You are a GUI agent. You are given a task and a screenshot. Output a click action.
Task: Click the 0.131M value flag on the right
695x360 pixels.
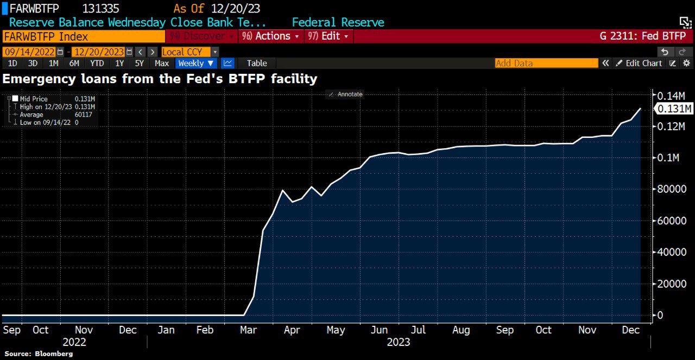674,109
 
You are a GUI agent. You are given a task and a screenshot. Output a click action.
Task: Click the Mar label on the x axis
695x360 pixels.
249,330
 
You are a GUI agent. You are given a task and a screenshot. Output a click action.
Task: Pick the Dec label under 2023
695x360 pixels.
630,330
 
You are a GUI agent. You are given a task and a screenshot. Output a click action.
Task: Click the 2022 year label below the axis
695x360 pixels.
74,342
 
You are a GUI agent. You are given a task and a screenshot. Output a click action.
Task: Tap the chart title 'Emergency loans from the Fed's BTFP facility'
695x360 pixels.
160,79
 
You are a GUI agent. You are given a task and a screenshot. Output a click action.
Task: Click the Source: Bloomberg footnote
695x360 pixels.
39,353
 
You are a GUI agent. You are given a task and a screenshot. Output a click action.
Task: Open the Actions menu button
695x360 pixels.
271,36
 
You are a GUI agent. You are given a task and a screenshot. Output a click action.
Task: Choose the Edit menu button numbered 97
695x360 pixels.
328,36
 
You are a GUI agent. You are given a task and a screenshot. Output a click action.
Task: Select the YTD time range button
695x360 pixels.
97,63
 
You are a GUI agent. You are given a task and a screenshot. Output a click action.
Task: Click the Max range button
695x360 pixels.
162,63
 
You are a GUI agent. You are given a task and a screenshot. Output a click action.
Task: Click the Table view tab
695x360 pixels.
257,63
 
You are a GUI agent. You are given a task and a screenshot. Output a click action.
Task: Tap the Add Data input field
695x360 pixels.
546,63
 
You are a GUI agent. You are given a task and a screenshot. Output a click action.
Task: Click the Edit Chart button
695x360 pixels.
639,63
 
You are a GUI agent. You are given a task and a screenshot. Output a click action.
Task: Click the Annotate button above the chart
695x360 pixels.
346,94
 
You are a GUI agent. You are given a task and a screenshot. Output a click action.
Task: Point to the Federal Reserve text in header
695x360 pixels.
338,22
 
